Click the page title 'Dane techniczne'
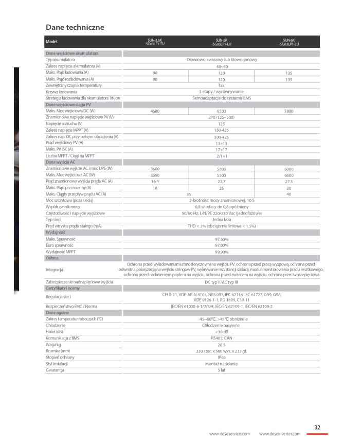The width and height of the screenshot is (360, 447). pyautogui.click(x=75, y=27)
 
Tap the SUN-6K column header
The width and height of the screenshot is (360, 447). pyautogui.click(x=289, y=42)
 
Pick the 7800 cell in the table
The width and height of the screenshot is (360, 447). pyautogui.click(x=289, y=111)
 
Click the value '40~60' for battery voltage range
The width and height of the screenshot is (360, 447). pyautogui.click(x=222, y=66)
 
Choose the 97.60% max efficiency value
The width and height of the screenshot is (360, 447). pyautogui.click(x=222, y=239)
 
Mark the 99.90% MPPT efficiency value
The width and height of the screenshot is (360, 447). pyautogui.click(x=222, y=252)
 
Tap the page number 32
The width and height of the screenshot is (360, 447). pyautogui.click(x=317, y=426)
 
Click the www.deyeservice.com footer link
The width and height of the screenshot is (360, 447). pyautogui.click(x=229, y=434)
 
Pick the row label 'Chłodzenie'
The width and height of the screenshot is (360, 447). pyautogui.click(x=56, y=326)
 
